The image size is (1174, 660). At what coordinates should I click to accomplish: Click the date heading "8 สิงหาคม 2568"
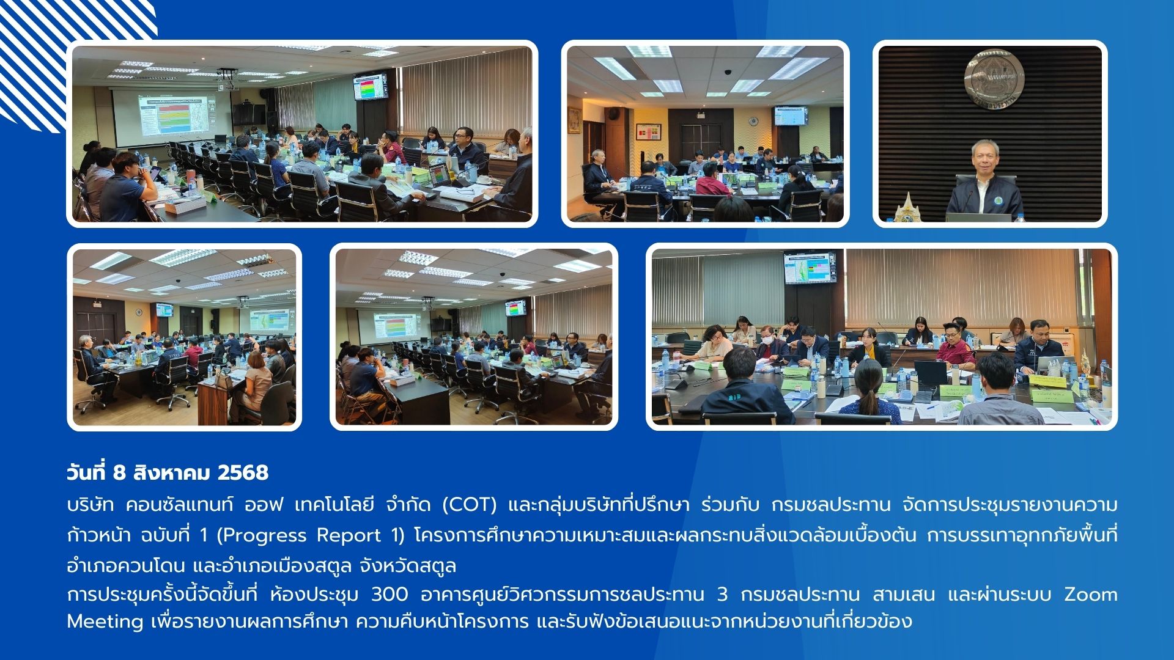[x=191, y=472]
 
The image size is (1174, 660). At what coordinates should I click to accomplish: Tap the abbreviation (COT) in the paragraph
[x=469, y=505]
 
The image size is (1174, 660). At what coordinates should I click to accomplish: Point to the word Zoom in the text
[x=1091, y=594]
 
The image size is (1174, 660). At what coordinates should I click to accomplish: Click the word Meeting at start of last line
[x=105, y=621]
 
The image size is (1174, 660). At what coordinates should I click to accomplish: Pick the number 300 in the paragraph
[x=389, y=594]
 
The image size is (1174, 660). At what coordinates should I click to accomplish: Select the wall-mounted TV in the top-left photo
[x=371, y=87]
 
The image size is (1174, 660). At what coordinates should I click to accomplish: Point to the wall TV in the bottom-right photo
[x=810, y=268]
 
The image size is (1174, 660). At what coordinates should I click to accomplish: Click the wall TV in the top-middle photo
[x=791, y=116]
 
